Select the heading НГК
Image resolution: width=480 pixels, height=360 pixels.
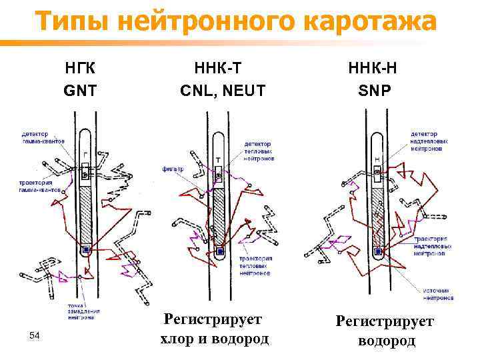79,68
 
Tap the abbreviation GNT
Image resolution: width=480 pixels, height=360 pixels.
79,89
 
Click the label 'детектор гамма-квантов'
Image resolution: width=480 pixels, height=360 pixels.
43,138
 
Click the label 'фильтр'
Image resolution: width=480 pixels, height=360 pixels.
173,169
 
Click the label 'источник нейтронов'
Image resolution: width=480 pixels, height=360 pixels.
437,294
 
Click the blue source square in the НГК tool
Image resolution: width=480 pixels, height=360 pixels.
86,251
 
